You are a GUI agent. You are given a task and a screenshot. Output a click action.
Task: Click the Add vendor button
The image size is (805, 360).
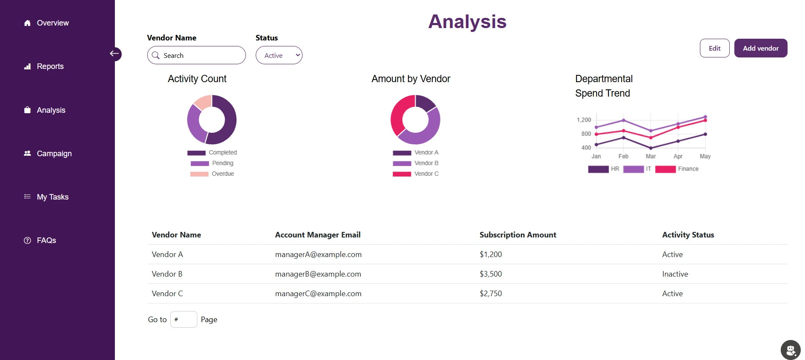click(760, 48)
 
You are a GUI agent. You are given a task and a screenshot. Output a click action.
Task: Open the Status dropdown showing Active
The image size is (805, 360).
click(279, 55)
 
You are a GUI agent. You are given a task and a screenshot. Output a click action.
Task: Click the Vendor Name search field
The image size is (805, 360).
click(200, 55)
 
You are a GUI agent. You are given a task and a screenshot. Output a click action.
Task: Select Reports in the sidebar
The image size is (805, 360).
click(50, 66)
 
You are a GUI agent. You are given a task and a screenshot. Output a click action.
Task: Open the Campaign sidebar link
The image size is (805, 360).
click(54, 154)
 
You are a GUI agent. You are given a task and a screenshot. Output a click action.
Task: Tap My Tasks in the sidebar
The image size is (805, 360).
click(52, 197)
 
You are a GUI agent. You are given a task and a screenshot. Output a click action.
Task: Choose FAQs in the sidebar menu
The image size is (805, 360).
click(46, 240)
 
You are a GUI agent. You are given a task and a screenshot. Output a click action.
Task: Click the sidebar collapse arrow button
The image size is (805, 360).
click(114, 54)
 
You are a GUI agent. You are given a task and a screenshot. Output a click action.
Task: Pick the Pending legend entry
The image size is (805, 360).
click(222, 163)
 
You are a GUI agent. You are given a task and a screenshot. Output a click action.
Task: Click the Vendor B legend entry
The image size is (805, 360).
click(426, 163)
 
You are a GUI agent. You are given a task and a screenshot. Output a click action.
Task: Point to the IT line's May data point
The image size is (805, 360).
click(705, 117)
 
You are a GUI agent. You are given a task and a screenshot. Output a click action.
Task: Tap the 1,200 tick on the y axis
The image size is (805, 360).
click(584, 120)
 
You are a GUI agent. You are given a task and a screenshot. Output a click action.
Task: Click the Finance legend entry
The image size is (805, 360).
click(688, 169)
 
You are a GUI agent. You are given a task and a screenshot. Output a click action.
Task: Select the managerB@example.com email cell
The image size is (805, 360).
click(318, 274)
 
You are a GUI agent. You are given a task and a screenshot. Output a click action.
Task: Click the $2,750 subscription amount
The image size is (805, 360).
click(491, 294)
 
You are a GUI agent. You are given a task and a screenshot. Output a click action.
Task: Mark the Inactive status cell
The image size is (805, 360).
click(675, 274)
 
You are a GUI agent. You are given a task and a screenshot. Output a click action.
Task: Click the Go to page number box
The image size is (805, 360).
click(183, 320)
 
